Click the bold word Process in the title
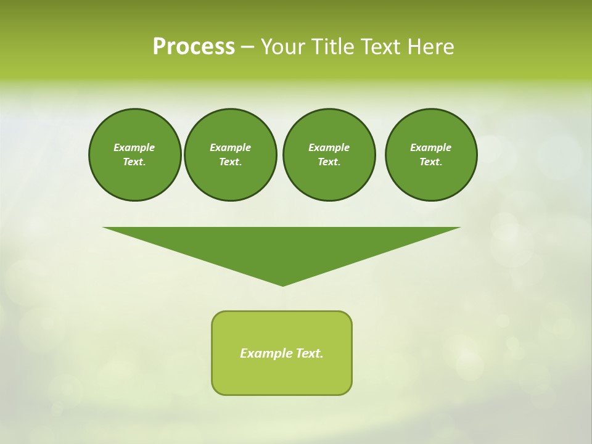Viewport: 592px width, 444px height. [194, 47]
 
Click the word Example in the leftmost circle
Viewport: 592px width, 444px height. [134, 147]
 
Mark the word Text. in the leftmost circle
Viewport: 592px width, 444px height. [134, 162]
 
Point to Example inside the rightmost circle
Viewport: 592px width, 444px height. [431, 147]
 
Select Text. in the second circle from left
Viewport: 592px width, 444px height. [231, 162]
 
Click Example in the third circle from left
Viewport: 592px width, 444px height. [329, 147]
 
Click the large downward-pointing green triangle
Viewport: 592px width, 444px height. [282, 247]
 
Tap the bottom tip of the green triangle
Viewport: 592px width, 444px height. [282, 284]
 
